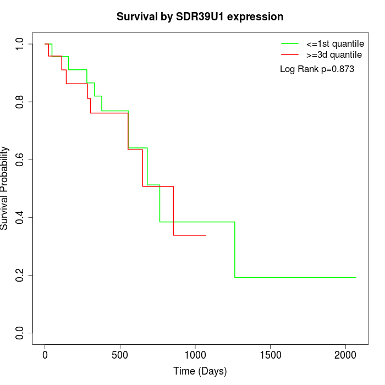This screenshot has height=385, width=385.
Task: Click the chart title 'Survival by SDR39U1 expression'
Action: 200,16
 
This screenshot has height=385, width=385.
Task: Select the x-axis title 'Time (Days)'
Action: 200,371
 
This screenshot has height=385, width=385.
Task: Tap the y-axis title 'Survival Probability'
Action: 5,188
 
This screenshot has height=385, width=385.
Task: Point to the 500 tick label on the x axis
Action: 120,355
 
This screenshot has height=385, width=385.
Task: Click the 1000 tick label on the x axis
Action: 195,355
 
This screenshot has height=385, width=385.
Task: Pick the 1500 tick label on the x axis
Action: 270,355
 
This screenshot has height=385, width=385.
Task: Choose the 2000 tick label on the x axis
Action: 345,355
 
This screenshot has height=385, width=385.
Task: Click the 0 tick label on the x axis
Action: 45,355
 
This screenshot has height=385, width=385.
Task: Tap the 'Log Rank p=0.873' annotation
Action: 317,69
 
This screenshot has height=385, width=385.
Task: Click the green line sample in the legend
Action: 290,43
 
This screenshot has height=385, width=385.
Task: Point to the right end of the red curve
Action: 206,235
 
